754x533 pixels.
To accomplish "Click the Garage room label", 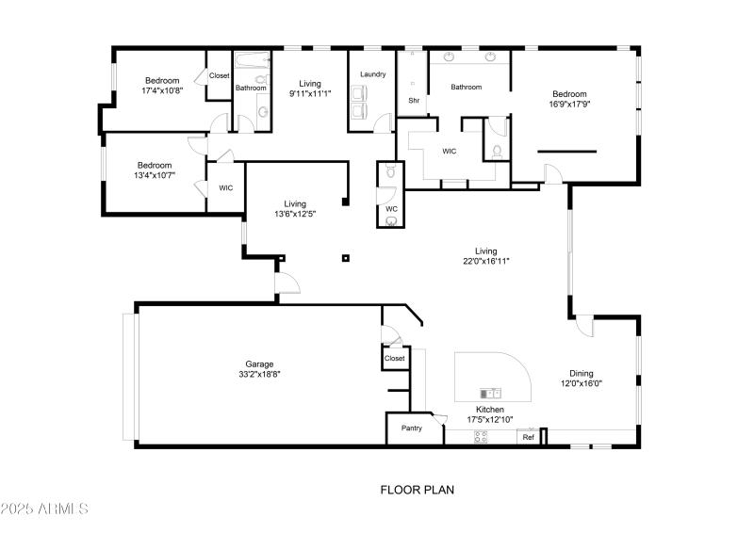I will coord(259,364).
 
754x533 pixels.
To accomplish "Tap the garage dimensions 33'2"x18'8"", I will coord(259,374).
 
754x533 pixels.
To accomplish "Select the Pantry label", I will coord(412,428).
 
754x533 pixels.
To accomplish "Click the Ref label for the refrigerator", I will coord(529,437).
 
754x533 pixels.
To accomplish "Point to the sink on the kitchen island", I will coord(490,393).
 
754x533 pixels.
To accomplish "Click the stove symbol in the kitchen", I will coord(481,436).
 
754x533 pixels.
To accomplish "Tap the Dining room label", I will coord(582,373).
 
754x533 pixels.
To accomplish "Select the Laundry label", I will coord(372,74).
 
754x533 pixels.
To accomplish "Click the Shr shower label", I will coord(413,100).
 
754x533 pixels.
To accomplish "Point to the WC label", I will coord(391,208).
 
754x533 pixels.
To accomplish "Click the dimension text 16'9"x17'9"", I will coord(569,105).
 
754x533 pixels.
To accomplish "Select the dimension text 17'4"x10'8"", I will coord(162,90).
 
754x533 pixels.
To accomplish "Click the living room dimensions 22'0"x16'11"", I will coord(485,261).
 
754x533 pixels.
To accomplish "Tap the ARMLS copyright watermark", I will coord(44,509).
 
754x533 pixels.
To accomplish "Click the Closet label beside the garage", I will coord(394,359).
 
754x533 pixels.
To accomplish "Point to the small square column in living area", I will coord(346,257).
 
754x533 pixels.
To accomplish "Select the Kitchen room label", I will coord(490,410).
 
